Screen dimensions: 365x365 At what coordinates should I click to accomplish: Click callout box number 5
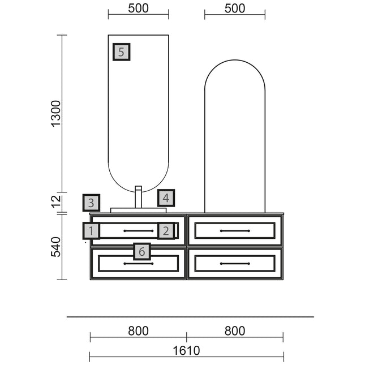click(x=122, y=52)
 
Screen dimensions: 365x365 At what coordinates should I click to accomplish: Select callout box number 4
click(x=166, y=198)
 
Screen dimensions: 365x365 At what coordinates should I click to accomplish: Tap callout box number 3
click(x=91, y=203)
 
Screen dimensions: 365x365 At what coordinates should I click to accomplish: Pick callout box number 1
click(x=91, y=230)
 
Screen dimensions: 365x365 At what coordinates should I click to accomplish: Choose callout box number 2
click(x=166, y=230)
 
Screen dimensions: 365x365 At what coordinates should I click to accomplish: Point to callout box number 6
click(x=142, y=251)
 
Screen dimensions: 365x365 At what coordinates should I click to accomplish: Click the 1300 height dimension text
click(x=56, y=113)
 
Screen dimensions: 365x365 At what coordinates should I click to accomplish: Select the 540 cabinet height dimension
click(x=56, y=247)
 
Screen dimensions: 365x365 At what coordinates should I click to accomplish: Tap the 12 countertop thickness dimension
click(x=56, y=201)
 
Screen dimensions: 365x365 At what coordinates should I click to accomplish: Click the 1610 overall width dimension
click(x=186, y=351)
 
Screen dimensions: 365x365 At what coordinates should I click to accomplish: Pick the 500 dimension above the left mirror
click(x=138, y=8)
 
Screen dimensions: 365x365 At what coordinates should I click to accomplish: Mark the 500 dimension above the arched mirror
click(x=235, y=8)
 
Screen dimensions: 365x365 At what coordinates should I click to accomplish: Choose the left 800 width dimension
click(x=138, y=331)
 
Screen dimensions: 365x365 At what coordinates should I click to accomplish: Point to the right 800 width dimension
click(x=235, y=331)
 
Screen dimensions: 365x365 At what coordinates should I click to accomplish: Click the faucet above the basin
click(x=138, y=196)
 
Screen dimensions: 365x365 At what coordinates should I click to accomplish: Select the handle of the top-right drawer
click(x=235, y=231)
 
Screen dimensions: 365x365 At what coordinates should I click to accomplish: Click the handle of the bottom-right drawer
click(x=235, y=264)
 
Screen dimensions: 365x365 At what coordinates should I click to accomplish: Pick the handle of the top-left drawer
click(x=138, y=231)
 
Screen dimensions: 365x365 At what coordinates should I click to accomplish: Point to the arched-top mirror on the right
click(x=235, y=136)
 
